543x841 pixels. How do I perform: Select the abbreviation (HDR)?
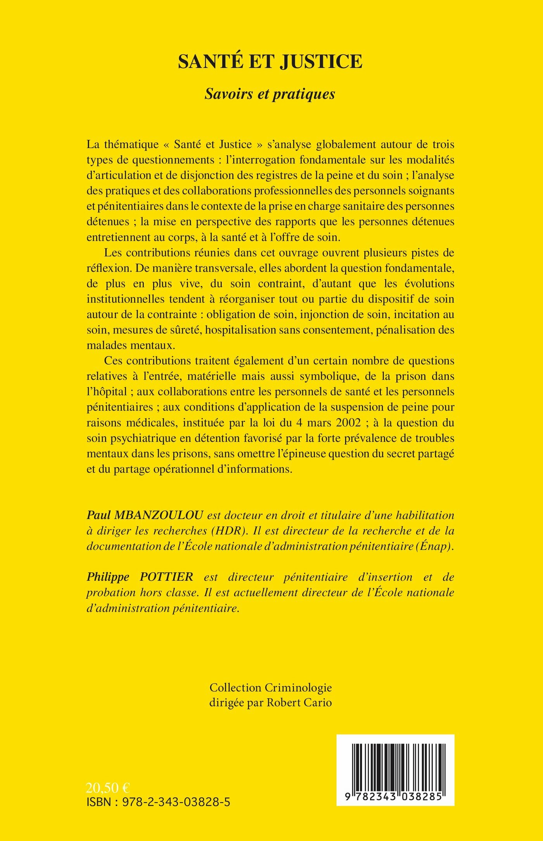(x=229, y=531)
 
